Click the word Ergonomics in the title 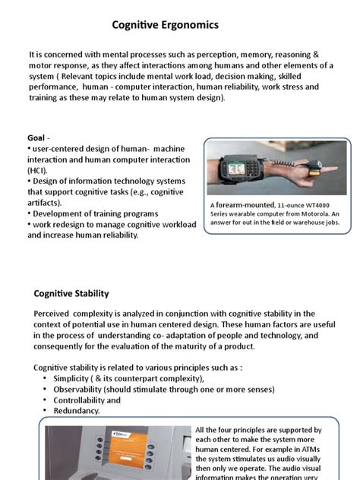click(191, 26)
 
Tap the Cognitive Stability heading click(71, 293)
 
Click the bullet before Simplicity click(46, 378)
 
